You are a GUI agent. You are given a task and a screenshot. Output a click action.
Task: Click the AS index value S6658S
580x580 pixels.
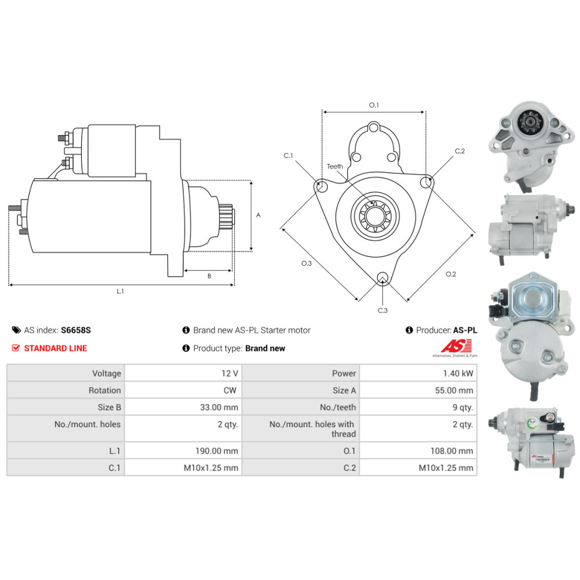point(76,330)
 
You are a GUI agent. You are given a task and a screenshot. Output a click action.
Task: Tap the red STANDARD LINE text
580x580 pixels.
point(56,348)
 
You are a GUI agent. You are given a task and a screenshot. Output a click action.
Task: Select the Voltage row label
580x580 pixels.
point(107,374)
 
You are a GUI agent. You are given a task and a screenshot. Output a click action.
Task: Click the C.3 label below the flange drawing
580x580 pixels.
point(382,310)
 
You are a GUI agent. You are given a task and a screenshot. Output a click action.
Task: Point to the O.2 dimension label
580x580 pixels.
point(451,274)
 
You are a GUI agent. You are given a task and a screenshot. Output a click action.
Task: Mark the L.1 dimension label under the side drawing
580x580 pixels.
point(120,292)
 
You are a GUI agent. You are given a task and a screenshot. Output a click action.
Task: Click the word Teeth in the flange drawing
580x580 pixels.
point(335,166)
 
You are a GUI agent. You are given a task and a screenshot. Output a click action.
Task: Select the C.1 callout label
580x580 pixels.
point(288,155)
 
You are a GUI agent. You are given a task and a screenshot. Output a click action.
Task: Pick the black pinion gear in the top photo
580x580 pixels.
point(528,124)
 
